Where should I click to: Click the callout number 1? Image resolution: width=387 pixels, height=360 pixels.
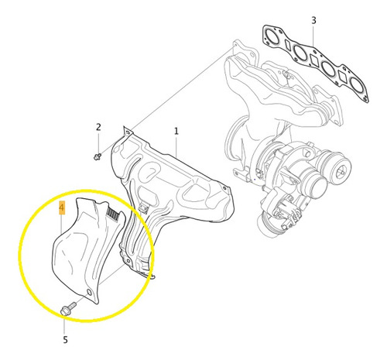point(176,132)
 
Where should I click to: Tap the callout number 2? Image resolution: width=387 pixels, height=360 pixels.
point(98,127)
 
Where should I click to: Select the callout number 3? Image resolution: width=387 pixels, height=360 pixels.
point(313,20)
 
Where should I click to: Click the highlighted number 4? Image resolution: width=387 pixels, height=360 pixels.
point(62,208)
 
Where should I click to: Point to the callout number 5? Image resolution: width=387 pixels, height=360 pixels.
point(65,340)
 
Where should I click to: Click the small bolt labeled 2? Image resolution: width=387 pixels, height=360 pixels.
point(98,156)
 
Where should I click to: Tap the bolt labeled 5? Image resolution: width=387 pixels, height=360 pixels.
point(68,308)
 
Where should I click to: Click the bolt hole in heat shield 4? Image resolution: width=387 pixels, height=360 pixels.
point(89,293)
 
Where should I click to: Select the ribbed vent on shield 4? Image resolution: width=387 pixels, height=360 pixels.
point(113,214)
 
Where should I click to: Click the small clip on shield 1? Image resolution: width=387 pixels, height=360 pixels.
point(143,208)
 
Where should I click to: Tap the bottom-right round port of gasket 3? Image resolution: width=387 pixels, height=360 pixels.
point(357,87)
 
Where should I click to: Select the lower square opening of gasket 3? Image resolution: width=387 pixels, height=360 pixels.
point(344,77)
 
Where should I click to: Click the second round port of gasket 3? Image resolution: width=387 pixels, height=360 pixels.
point(300,53)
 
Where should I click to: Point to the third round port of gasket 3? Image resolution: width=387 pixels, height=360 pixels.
point(329,70)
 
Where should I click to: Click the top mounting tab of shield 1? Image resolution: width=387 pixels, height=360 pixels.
point(128,131)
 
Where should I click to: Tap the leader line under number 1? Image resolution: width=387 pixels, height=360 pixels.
point(176,146)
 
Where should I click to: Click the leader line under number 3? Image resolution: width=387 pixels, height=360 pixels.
point(313,36)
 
